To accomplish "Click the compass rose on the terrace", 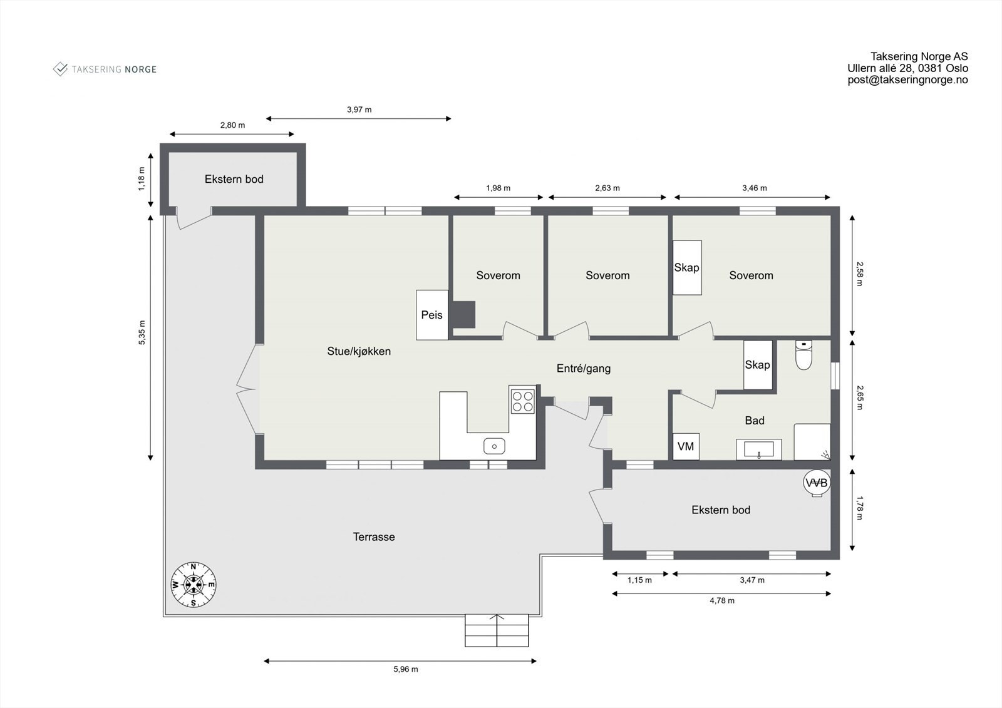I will click(194, 585).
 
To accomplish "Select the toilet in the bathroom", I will click(803, 355).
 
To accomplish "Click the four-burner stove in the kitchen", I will click(522, 401).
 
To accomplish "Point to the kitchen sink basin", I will click(494, 446).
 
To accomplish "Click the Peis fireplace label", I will click(431, 315).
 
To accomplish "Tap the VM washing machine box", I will click(686, 446).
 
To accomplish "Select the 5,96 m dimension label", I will click(406, 669).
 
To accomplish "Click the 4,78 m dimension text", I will click(722, 600).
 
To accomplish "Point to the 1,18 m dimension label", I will click(142, 179).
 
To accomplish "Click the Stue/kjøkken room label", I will click(359, 351).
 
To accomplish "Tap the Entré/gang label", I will click(583, 369).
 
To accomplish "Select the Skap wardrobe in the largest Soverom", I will click(687, 267).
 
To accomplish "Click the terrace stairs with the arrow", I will click(497, 630).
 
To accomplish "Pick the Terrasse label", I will click(374, 536).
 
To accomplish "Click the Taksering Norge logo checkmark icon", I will click(60, 69).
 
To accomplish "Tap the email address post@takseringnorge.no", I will click(907, 80).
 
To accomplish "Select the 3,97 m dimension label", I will click(359, 110).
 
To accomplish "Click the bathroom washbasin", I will click(758, 449).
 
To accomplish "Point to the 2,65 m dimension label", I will click(859, 398).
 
